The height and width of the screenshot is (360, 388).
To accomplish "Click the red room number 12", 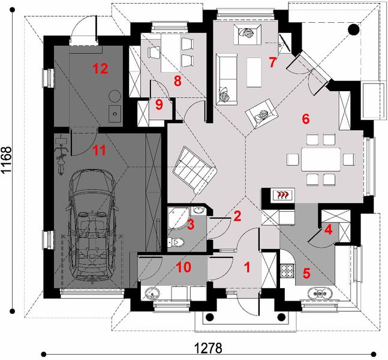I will [100, 68].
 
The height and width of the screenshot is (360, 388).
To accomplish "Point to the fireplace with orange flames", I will [282, 194].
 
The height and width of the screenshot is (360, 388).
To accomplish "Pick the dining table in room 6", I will [318, 159].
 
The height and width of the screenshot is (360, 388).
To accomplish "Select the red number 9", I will [158, 105].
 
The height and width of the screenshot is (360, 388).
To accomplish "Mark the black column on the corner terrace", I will [353, 29].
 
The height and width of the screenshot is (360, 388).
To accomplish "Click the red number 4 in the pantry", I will [328, 229].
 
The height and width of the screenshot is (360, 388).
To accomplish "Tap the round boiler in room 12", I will [115, 95].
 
